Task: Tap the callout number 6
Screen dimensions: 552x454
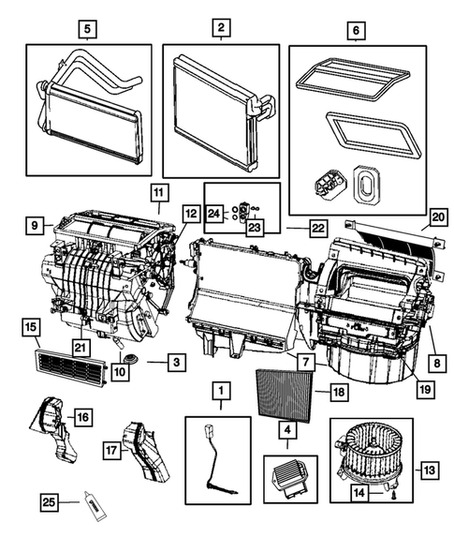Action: (x=354, y=30)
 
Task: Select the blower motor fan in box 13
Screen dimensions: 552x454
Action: (x=373, y=446)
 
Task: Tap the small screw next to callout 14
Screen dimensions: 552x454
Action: (x=394, y=489)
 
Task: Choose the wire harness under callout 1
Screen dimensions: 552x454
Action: (x=213, y=458)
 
